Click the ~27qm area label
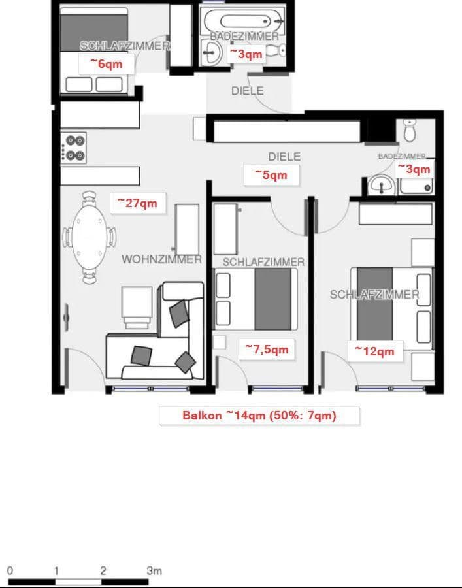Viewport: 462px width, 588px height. [137, 203]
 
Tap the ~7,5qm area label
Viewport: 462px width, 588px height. [267, 350]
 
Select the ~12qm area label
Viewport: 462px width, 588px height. [374, 351]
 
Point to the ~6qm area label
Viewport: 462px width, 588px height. [106, 64]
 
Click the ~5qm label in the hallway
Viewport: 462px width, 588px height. [271, 175]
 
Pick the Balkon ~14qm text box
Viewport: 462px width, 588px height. [259, 416]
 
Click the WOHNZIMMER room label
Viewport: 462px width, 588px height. [161, 259]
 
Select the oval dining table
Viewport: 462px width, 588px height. [89, 237]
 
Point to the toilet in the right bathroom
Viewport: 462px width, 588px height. [410, 131]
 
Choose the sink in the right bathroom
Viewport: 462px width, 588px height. [380, 186]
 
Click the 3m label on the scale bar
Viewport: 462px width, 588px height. [154, 570]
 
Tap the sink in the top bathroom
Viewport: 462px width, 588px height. [213, 52]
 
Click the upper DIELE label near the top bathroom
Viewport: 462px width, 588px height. [248, 91]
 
